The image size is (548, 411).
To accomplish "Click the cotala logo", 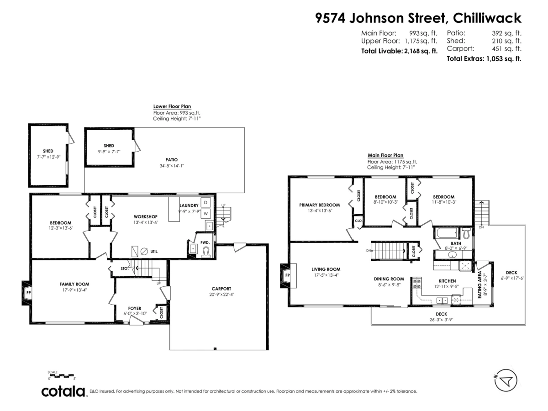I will point(63,391).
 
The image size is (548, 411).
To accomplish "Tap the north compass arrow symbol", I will point(506,380).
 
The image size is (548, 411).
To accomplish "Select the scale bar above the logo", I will point(61,376).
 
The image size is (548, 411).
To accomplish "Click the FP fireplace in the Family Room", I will point(27,293).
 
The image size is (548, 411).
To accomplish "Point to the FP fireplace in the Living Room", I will point(287,275).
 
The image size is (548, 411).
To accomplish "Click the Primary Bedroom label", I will point(320,205).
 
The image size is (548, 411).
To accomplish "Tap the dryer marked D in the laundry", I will point(206,202).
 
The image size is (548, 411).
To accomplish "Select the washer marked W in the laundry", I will point(206,213).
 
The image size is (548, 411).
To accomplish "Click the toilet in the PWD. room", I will point(206,251).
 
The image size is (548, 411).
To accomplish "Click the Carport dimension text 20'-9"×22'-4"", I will point(221,295).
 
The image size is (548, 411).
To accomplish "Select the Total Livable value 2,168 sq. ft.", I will point(420,51).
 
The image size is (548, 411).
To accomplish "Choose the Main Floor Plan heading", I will point(385,155).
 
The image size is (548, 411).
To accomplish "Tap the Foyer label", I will point(134,308).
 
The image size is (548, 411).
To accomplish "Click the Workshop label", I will point(145,216).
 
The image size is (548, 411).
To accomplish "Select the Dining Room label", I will point(389,279).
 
